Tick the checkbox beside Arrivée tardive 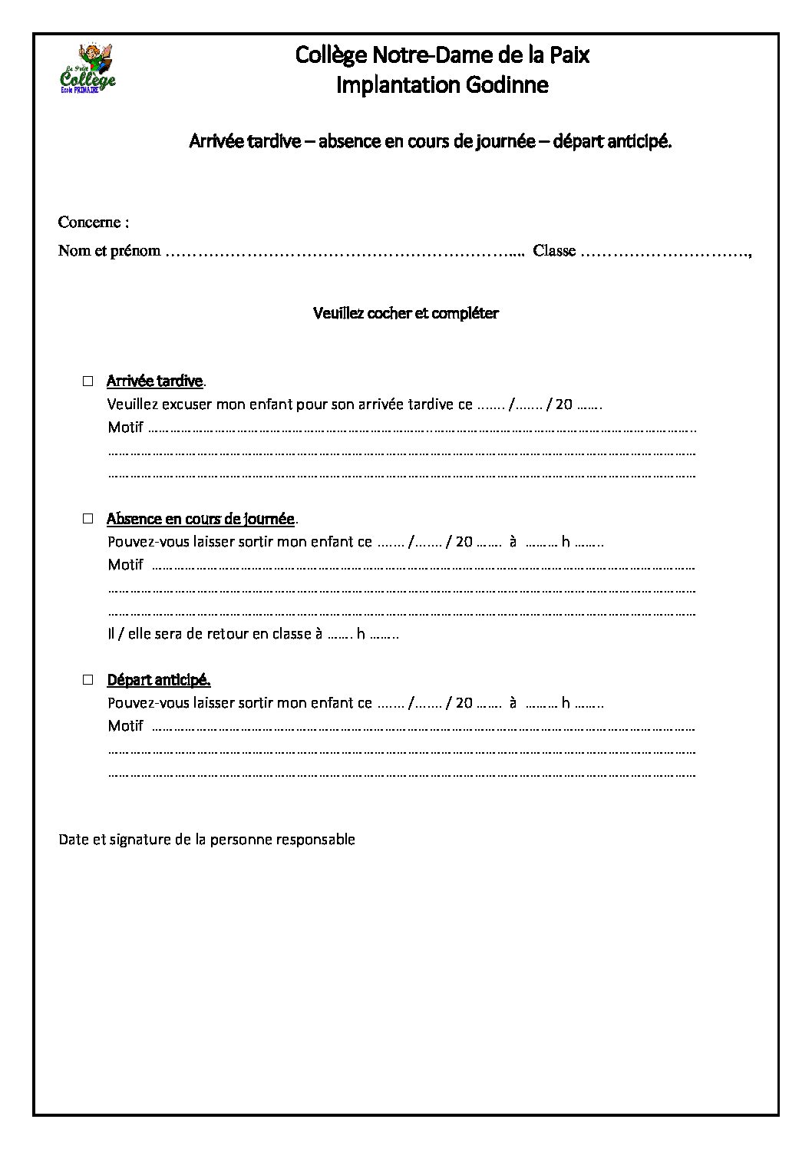pyautogui.click(x=88, y=381)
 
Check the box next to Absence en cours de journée pyautogui.click(x=88, y=519)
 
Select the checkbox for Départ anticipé pyautogui.click(x=88, y=679)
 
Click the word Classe pyautogui.click(x=554, y=251)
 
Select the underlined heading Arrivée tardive pyautogui.click(x=155, y=381)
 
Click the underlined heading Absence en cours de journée pyautogui.click(x=200, y=520)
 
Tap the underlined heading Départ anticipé pyautogui.click(x=158, y=680)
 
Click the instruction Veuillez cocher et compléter pyautogui.click(x=406, y=313)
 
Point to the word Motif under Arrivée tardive pyautogui.click(x=125, y=428)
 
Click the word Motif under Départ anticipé pyautogui.click(x=125, y=726)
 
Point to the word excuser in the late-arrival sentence pyautogui.click(x=186, y=404)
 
